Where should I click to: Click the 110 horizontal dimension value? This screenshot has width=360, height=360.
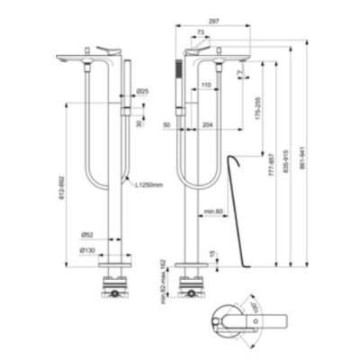click(x=207, y=85)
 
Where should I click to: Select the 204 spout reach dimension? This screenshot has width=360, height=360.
click(x=208, y=127)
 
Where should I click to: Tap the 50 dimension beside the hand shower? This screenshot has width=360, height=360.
click(x=168, y=127)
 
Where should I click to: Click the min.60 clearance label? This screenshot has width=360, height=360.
click(x=212, y=211)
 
